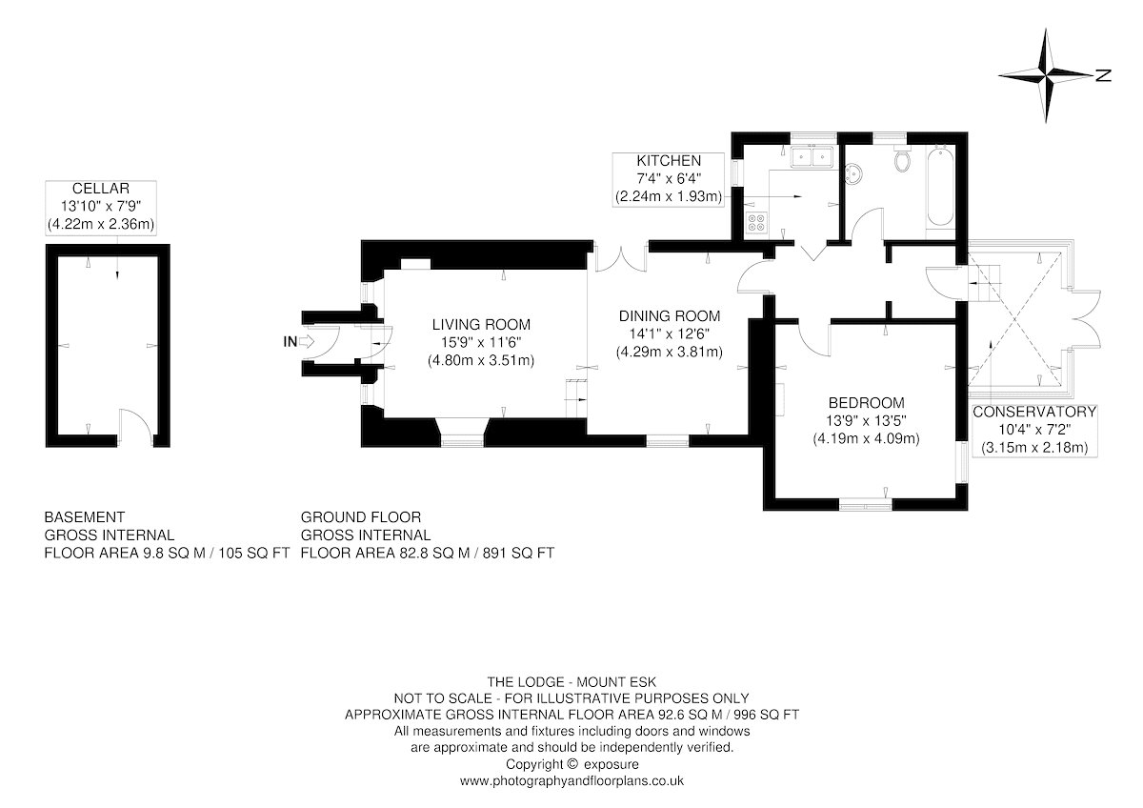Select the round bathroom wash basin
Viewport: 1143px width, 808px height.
tap(853, 173)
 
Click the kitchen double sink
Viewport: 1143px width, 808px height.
tap(812, 156)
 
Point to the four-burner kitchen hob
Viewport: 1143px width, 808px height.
tap(756, 223)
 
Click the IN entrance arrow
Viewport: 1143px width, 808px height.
tap(306, 341)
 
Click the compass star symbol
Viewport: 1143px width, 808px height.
tap(1046, 75)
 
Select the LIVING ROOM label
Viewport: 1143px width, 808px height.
tap(481, 324)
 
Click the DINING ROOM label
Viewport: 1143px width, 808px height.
tap(670, 316)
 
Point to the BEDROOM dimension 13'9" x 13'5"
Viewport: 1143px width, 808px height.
tap(866, 420)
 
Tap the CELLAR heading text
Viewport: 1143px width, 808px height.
tap(101, 189)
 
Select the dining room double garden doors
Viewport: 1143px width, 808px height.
tap(620, 259)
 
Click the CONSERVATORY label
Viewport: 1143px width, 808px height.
tap(1034, 412)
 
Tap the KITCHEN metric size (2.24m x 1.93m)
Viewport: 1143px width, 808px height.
tap(669, 196)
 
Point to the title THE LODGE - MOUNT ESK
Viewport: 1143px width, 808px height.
tap(571, 682)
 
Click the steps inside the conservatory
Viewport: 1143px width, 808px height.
tap(985, 283)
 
